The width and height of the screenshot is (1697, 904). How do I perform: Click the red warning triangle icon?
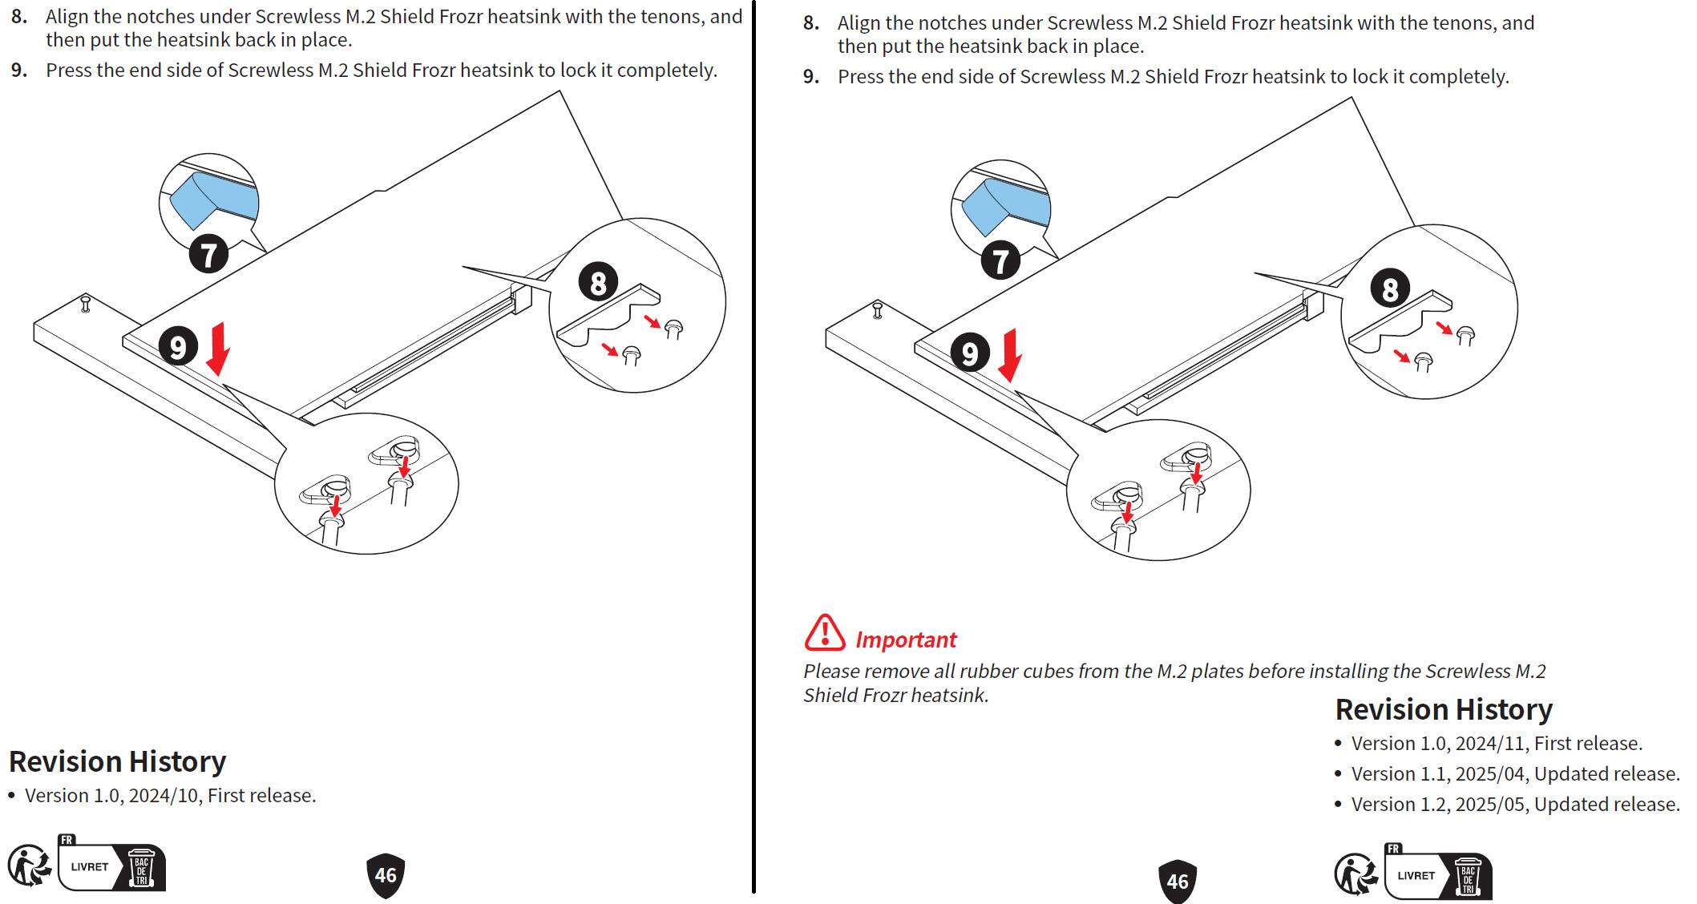[824, 633]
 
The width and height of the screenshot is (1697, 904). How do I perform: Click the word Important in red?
[906, 640]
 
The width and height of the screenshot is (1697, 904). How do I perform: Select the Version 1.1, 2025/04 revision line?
[1514, 774]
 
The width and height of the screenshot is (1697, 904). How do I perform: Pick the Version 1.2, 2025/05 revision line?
[1514, 805]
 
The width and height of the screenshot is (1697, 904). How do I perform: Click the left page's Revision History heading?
[117, 761]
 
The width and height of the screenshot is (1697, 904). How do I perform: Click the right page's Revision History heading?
[1444, 710]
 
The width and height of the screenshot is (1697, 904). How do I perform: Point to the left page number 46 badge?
[386, 875]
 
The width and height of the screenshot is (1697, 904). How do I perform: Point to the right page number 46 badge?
[1178, 882]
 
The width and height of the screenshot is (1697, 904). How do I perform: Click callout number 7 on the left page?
[208, 255]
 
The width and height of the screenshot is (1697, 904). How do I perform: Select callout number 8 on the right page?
[1390, 289]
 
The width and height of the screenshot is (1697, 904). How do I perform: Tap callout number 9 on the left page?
[178, 346]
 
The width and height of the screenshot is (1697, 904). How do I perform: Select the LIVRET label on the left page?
[89, 867]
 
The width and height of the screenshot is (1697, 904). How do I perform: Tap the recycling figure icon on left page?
[29, 866]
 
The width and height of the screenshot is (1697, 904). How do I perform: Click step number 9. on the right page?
[810, 77]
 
